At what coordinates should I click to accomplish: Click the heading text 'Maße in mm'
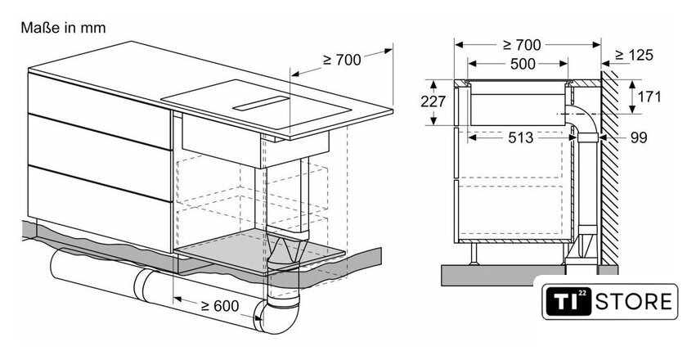click(x=63, y=28)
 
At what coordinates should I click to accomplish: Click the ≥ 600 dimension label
click(x=219, y=306)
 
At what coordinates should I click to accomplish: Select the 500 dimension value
click(x=523, y=64)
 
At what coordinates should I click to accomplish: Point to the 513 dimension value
click(x=520, y=137)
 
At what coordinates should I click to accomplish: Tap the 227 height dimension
click(x=433, y=101)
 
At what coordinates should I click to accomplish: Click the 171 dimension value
click(x=649, y=97)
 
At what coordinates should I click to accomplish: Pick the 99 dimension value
click(x=639, y=137)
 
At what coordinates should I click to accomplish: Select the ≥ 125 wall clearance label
click(x=634, y=55)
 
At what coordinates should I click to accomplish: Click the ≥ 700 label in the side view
click(x=522, y=45)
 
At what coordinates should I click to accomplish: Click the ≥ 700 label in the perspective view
click(x=342, y=60)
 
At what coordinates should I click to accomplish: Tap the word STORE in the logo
click(x=634, y=302)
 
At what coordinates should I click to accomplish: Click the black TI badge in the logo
click(x=568, y=302)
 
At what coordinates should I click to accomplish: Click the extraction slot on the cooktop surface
click(x=261, y=103)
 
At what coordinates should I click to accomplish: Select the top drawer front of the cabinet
click(x=100, y=111)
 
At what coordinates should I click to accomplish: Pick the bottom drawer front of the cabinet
click(x=100, y=209)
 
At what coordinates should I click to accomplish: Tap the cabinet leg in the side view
click(x=474, y=254)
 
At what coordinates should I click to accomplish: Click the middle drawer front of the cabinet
click(x=100, y=158)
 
